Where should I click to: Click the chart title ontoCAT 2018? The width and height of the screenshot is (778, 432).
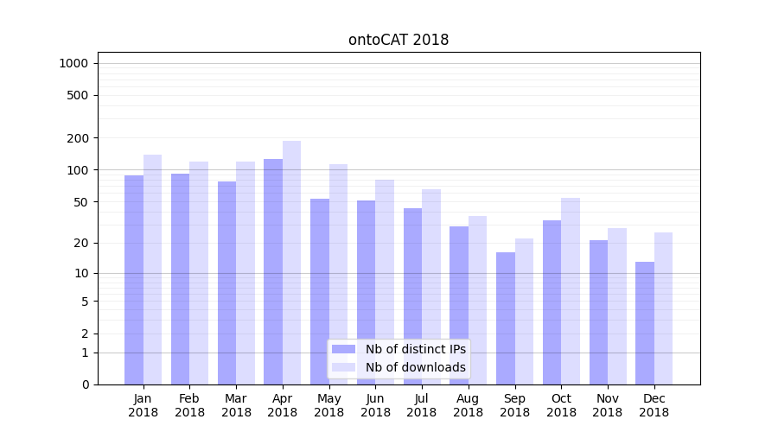coord(399,40)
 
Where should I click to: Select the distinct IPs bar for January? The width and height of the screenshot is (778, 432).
coord(134,280)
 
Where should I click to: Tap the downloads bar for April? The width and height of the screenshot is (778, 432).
coord(292,263)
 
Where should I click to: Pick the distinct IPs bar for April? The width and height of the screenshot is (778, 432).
coord(273,271)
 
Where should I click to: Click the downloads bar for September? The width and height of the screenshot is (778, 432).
coord(524,311)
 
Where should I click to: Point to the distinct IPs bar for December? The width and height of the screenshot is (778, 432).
coord(645,323)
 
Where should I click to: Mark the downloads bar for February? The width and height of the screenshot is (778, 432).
coord(199,273)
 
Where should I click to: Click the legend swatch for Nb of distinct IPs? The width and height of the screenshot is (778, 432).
coord(344,349)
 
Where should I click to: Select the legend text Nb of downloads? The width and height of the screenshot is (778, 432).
coord(416,367)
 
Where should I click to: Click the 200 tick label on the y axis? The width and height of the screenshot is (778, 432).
coord(78,138)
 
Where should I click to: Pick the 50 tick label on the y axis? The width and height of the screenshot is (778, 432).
coord(80,202)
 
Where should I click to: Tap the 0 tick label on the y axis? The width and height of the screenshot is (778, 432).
coord(85,384)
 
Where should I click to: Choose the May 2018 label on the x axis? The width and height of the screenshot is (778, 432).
coord(329,405)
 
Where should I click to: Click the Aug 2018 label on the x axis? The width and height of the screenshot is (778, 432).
coord(469,405)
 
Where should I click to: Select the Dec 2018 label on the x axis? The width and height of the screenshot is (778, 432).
coord(654,405)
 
